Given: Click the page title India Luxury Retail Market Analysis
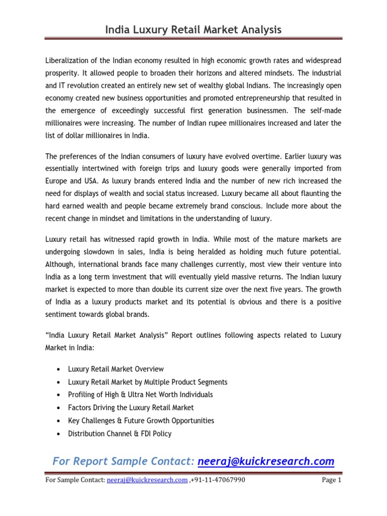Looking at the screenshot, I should point(193,30).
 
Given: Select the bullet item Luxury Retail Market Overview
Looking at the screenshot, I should point(115,369).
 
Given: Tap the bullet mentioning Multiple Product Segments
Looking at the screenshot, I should point(148,382).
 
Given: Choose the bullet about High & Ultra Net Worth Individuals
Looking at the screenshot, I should point(140,395).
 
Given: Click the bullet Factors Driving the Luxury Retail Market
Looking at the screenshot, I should point(131,407).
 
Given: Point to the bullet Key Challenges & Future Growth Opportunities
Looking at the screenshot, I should point(141,420).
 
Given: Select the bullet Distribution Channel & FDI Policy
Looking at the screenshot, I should point(119,433).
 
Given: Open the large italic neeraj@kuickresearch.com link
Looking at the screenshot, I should point(266,461).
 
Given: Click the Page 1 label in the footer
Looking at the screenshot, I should point(332,480).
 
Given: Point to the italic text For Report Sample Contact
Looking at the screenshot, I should point(123,461).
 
